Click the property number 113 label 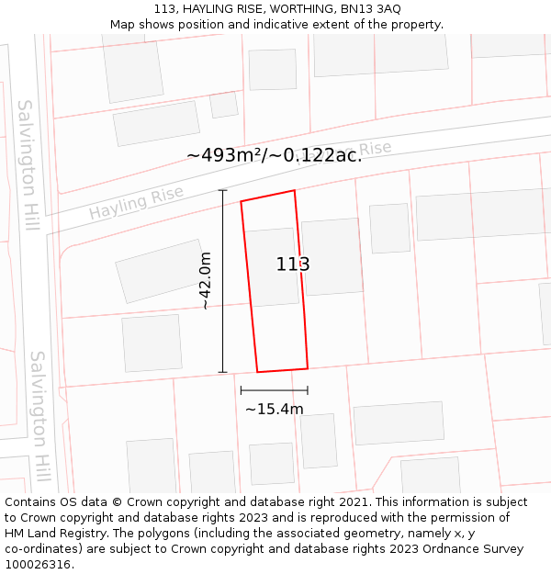point(293,264)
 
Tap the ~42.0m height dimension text point(206,280)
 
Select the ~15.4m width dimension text point(274,409)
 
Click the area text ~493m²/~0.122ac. point(274,155)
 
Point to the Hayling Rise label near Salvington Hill point(136,203)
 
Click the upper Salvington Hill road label point(28,165)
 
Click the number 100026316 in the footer point(39,564)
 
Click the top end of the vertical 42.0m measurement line point(222,190)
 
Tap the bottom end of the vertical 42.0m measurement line point(222,372)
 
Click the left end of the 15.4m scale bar point(241,390)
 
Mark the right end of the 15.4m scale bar point(308,390)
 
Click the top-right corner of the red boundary point(295,191)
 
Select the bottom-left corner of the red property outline point(257,372)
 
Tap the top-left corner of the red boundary point(241,202)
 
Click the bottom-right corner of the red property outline point(308,368)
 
